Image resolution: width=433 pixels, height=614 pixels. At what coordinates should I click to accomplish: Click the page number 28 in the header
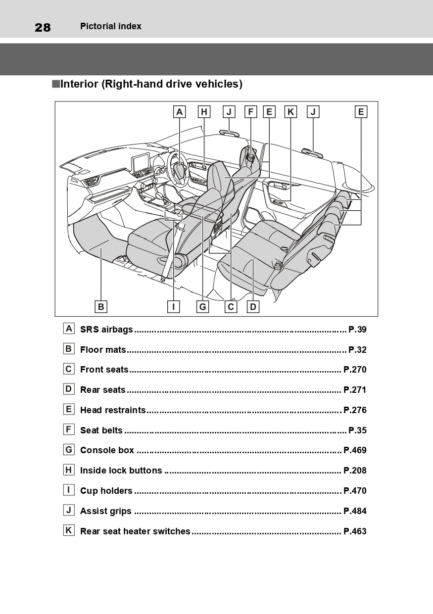click(43, 27)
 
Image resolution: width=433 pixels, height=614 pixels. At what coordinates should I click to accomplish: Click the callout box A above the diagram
click(180, 112)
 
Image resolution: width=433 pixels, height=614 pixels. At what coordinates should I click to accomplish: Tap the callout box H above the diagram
click(204, 112)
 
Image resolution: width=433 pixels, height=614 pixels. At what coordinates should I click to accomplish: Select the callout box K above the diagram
click(291, 112)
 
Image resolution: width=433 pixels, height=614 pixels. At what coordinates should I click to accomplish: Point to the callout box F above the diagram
click(251, 112)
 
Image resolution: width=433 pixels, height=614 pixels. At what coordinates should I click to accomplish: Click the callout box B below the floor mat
click(101, 307)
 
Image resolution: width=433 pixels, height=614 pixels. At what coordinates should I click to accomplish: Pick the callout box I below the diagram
click(173, 307)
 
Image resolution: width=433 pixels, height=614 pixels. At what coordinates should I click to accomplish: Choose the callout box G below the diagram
click(202, 307)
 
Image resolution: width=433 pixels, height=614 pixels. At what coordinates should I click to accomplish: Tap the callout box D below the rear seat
click(253, 307)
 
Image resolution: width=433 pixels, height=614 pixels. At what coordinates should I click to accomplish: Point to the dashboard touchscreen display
click(141, 163)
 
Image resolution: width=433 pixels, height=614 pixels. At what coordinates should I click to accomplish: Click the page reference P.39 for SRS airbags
click(357, 330)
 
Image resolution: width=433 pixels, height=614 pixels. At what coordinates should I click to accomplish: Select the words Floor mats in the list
click(103, 350)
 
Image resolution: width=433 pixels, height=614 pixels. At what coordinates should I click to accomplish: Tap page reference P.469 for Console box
click(355, 451)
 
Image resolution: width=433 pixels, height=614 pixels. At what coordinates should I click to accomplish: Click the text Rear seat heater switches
click(135, 531)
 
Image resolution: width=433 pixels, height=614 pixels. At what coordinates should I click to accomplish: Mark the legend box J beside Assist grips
click(69, 510)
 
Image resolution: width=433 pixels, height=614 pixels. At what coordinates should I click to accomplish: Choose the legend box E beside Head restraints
click(69, 409)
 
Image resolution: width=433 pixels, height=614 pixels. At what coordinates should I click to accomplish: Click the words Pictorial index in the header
click(111, 27)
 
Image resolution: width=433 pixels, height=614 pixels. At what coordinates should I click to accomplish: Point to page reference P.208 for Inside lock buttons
click(355, 471)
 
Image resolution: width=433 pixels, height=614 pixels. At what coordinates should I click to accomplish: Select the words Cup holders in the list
click(106, 491)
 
